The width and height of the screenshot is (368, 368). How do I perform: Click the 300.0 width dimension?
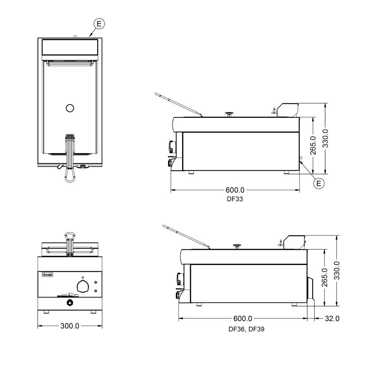[x=70, y=326]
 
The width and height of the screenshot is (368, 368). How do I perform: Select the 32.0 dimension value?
[x=332, y=318]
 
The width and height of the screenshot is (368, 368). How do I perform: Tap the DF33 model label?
[x=235, y=199]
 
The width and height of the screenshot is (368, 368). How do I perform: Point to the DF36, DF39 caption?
[x=247, y=329]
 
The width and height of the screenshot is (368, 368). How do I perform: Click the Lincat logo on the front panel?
[x=47, y=275]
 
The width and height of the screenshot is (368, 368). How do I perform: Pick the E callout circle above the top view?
[x=99, y=24]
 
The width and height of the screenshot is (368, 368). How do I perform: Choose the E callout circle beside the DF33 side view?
[x=319, y=183]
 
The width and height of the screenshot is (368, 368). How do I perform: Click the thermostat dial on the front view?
[x=83, y=286]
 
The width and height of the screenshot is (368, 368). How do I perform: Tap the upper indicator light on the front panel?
[x=96, y=282]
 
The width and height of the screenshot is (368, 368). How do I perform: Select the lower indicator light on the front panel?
[x=96, y=291]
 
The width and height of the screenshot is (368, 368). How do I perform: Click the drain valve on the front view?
[x=70, y=303]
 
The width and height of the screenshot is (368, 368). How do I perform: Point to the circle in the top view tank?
[x=70, y=108]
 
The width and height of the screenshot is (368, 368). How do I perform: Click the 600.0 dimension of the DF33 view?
[x=235, y=190]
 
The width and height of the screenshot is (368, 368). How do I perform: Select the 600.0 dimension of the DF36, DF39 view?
[x=243, y=318]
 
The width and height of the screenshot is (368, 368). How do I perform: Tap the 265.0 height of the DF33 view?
[x=313, y=145]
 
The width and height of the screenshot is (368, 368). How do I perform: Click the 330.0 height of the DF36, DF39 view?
[x=337, y=270]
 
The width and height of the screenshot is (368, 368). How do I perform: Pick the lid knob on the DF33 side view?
[x=229, y=114]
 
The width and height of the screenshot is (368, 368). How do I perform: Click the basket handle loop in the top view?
[x=70, y=175]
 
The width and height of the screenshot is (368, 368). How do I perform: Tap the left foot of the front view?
[x=46, y=312]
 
